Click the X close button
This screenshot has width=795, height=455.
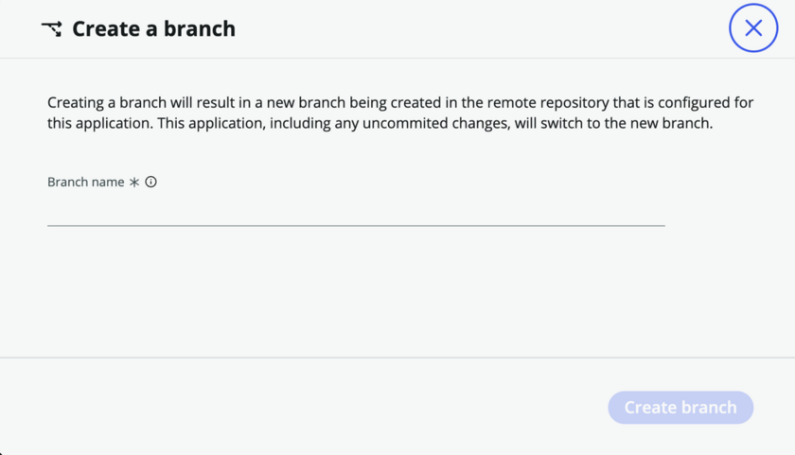click(x=753, y=27)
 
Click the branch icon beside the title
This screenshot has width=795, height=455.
click(x=52, y=29)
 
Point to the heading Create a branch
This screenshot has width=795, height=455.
click(x=153, y=29)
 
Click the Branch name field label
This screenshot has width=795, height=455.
click(x=86, y=182)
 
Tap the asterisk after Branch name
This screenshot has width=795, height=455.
click(x=133, y=182)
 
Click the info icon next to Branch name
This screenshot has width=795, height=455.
click(x=151, y=182)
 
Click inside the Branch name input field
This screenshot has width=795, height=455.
click(x=356, y=214)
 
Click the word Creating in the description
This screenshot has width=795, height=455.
click(x=76, y=103)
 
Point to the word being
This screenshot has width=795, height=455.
click(x=368, y=103)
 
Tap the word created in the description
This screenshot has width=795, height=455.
click(x=416, y=103)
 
